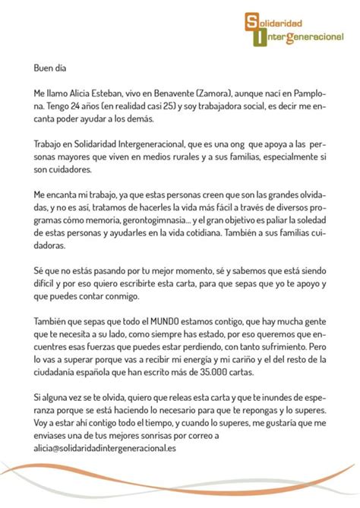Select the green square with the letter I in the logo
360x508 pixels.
pos(260,37)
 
